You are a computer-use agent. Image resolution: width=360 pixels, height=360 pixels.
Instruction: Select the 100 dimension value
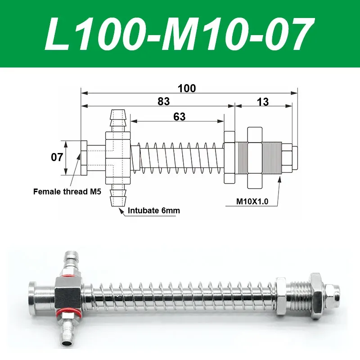click(x=186, y=88)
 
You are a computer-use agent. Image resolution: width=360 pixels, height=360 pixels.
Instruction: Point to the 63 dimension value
click(x=179, y=117)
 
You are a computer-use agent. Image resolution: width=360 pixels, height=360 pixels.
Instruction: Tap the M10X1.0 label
click(x=252, y=202)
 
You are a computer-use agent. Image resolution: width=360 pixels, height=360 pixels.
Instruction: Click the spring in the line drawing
click(x=180, y=158)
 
